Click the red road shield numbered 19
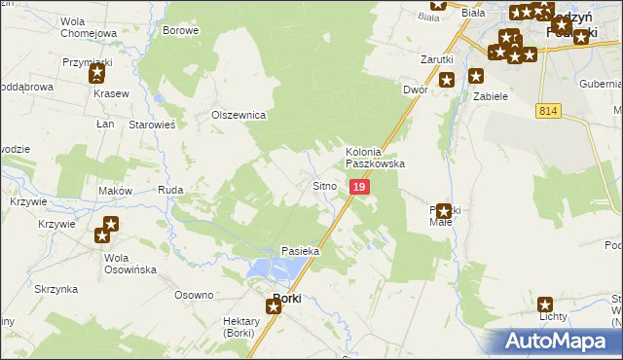(x=359, y=186)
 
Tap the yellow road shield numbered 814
(x=547, y=113)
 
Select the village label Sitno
(x=324, y=185)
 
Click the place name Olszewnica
(x=239, y=115)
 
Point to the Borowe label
(x=181, y=30)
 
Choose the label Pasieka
(x=301, y=251)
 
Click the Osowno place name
(x=193, y=295)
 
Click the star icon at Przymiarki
(x=96, y=74)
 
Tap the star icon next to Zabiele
(x=476, y=75)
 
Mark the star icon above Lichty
(x=545, y=304)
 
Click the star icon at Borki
(x=273, y=306)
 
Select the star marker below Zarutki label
(x=447, y=79)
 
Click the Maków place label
(x=115, y=191)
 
